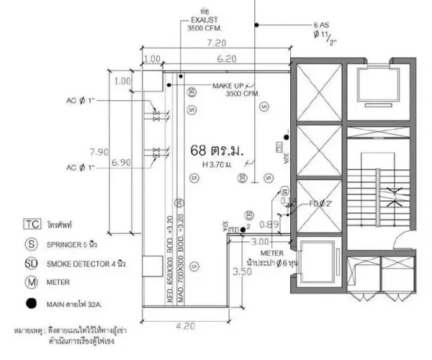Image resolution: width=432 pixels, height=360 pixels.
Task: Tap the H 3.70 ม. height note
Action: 218,166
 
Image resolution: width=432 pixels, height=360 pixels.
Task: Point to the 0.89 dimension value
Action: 266,225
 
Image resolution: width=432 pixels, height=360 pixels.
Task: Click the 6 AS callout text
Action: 321,24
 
